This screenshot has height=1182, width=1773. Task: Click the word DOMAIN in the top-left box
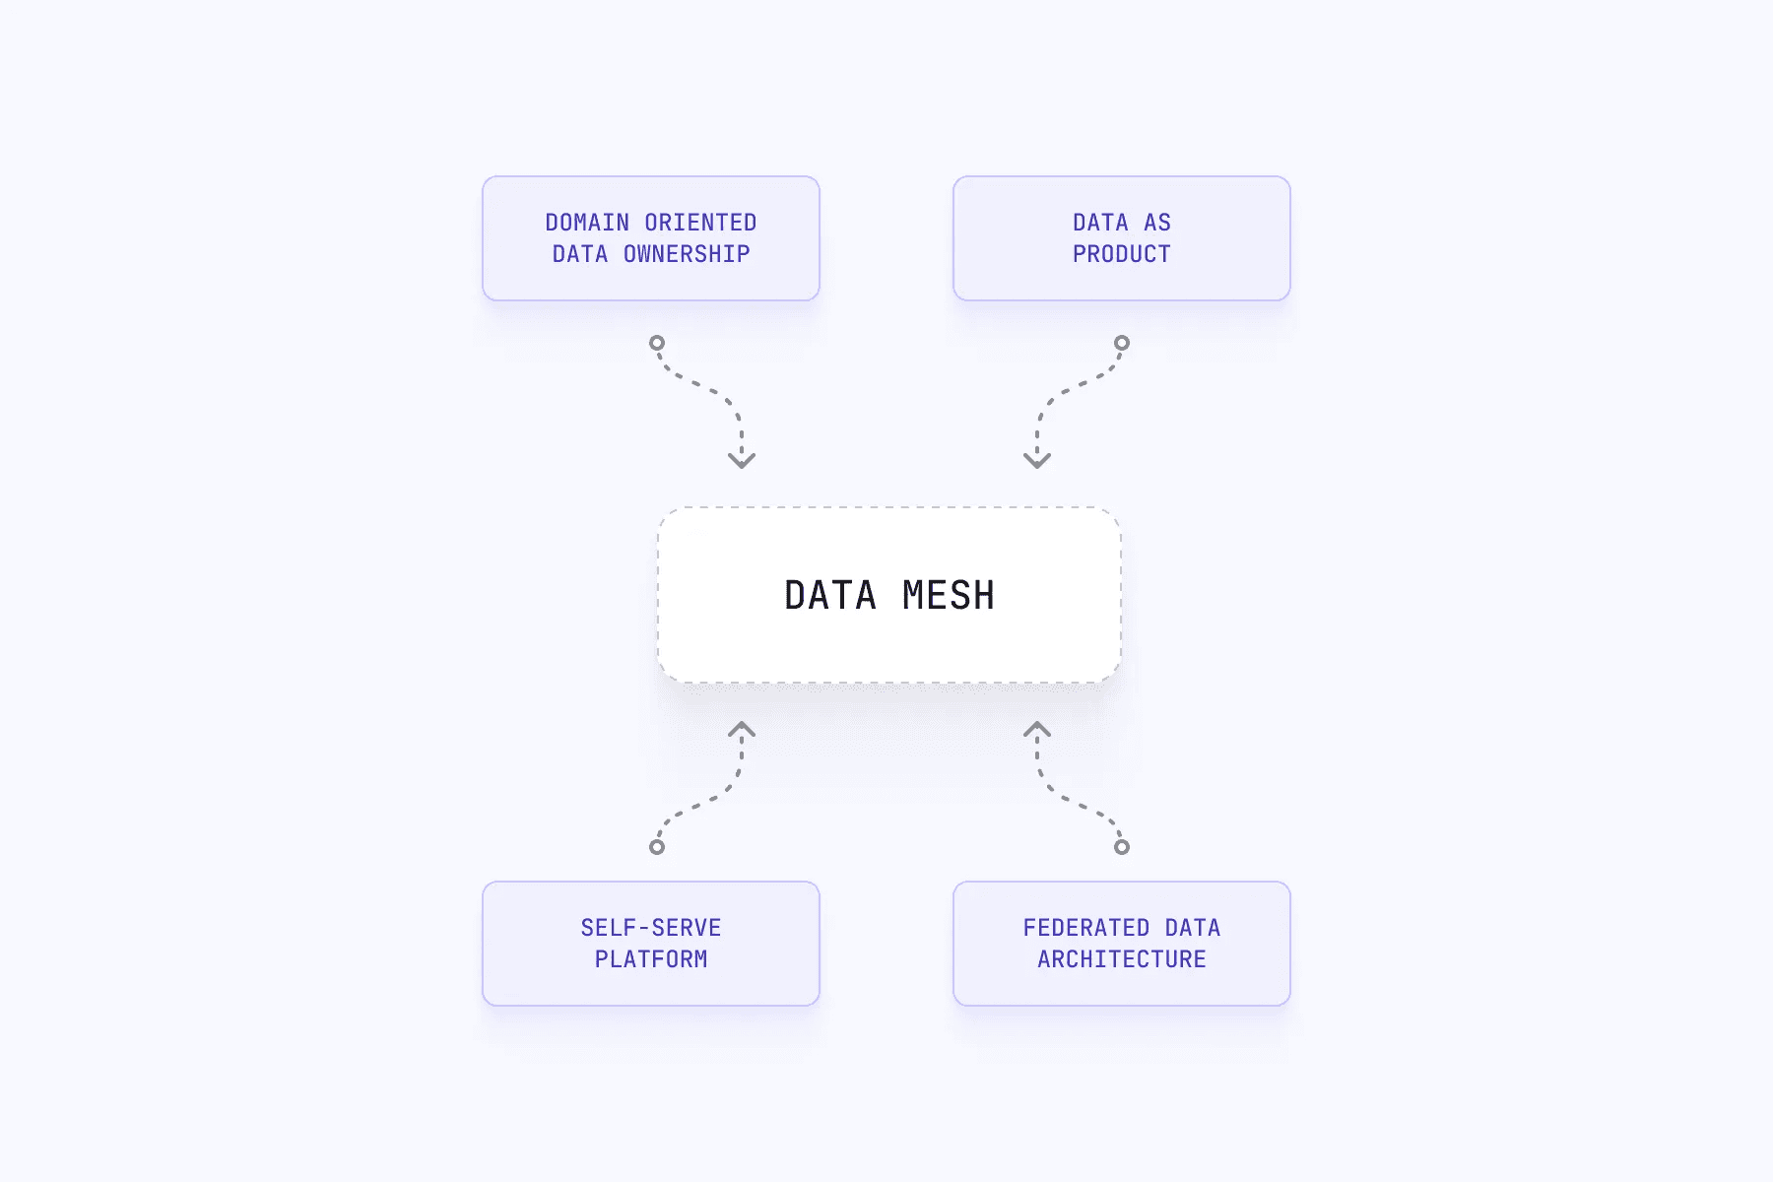click(587, 223)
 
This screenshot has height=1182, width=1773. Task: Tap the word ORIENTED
click(700, 223)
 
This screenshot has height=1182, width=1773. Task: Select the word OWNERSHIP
click(687, 254)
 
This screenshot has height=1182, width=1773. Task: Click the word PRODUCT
click(1122, 254)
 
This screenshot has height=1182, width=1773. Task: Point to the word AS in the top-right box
click(1157, 223)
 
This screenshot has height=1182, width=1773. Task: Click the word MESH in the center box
click(949, 596)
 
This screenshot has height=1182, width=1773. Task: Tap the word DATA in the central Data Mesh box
click(830, 596)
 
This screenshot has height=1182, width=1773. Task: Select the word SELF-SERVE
click(651, 928)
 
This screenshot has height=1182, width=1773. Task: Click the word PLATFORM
click(651, 959)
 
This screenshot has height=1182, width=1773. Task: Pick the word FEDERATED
click(1086, 928)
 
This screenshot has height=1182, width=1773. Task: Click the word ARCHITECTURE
click(1122, 959)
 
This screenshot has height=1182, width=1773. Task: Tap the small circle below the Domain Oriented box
click(657, 343)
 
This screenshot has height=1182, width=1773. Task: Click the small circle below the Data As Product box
click(1122, 343)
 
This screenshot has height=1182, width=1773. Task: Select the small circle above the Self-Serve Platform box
click(657, 847)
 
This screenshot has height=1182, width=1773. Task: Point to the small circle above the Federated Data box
click(1122, 847)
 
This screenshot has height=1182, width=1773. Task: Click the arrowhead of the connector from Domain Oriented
click(742, 460)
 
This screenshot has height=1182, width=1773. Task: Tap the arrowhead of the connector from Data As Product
click(1037, 460)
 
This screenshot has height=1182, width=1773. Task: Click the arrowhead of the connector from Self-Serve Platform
click(742, 730)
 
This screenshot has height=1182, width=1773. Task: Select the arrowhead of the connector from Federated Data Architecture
click(1037, 730)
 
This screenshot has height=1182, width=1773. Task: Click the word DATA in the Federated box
click(1193, 928)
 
